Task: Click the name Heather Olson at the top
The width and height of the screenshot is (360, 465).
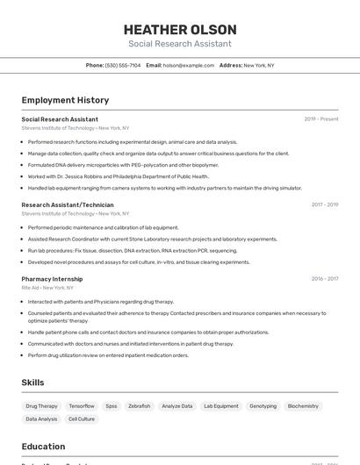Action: (x=180, y=29)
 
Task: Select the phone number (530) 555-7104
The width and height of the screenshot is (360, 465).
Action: (x=123, y=65)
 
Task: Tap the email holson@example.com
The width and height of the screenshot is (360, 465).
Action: (x=189, y=65)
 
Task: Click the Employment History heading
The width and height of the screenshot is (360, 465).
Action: (x=65, y=100)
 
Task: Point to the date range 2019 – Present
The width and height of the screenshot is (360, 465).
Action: (x=321, y=119)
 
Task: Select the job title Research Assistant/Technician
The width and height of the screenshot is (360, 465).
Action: (x=68, y=204)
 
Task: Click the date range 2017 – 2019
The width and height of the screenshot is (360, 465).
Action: (x=324, y=204)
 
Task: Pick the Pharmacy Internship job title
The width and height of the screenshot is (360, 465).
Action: (x=52, y=279)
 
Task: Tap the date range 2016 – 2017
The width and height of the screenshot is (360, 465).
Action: (x=324, y=279)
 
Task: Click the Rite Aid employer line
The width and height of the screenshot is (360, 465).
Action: (x=47, y=288)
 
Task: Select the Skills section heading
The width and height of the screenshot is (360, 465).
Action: (x=33, y=383)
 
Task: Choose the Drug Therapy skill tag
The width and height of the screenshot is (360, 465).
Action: (x=41, y=406)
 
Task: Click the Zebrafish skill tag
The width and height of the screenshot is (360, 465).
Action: (x=139, y=406)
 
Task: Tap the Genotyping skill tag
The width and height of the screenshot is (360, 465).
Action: (x=263, y=406)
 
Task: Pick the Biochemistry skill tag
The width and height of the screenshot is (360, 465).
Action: (x=303, y=406)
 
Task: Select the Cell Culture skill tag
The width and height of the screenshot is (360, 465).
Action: (x=82, y=419)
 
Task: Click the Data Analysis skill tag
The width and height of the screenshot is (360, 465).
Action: (x=40, y=419)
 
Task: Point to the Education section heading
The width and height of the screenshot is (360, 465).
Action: (x=44, y=447)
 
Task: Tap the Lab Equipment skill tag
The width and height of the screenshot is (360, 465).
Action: (x=220, y=406)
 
